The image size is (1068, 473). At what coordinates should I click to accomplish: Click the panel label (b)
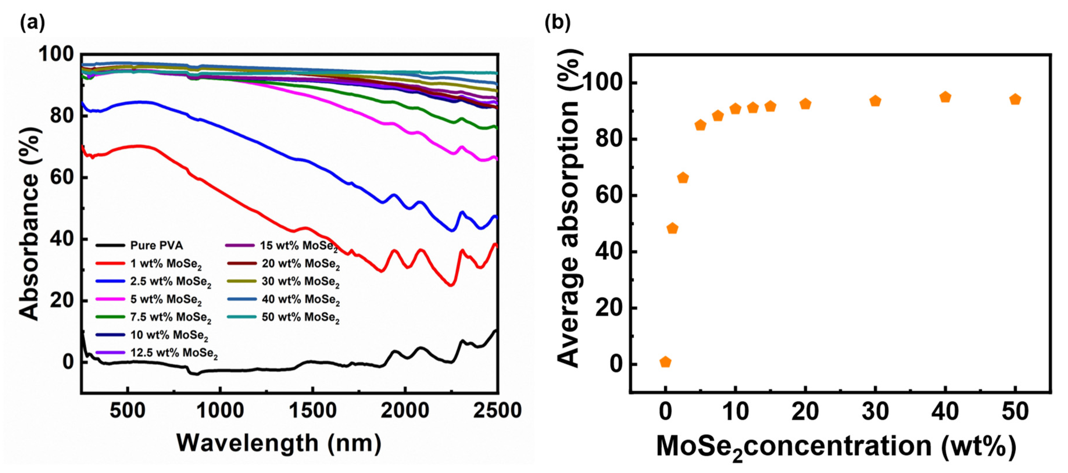click(557, 22)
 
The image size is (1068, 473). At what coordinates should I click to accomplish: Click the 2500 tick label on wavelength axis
click(497, 411)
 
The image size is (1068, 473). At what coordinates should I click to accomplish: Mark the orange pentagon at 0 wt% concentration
click(665, 362)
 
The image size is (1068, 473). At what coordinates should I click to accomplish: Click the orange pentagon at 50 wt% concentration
click(1015, 99)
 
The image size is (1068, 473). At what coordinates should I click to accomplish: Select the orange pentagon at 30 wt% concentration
click(875, 101)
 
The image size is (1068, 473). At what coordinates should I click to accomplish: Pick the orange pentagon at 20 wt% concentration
click(805, 104)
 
